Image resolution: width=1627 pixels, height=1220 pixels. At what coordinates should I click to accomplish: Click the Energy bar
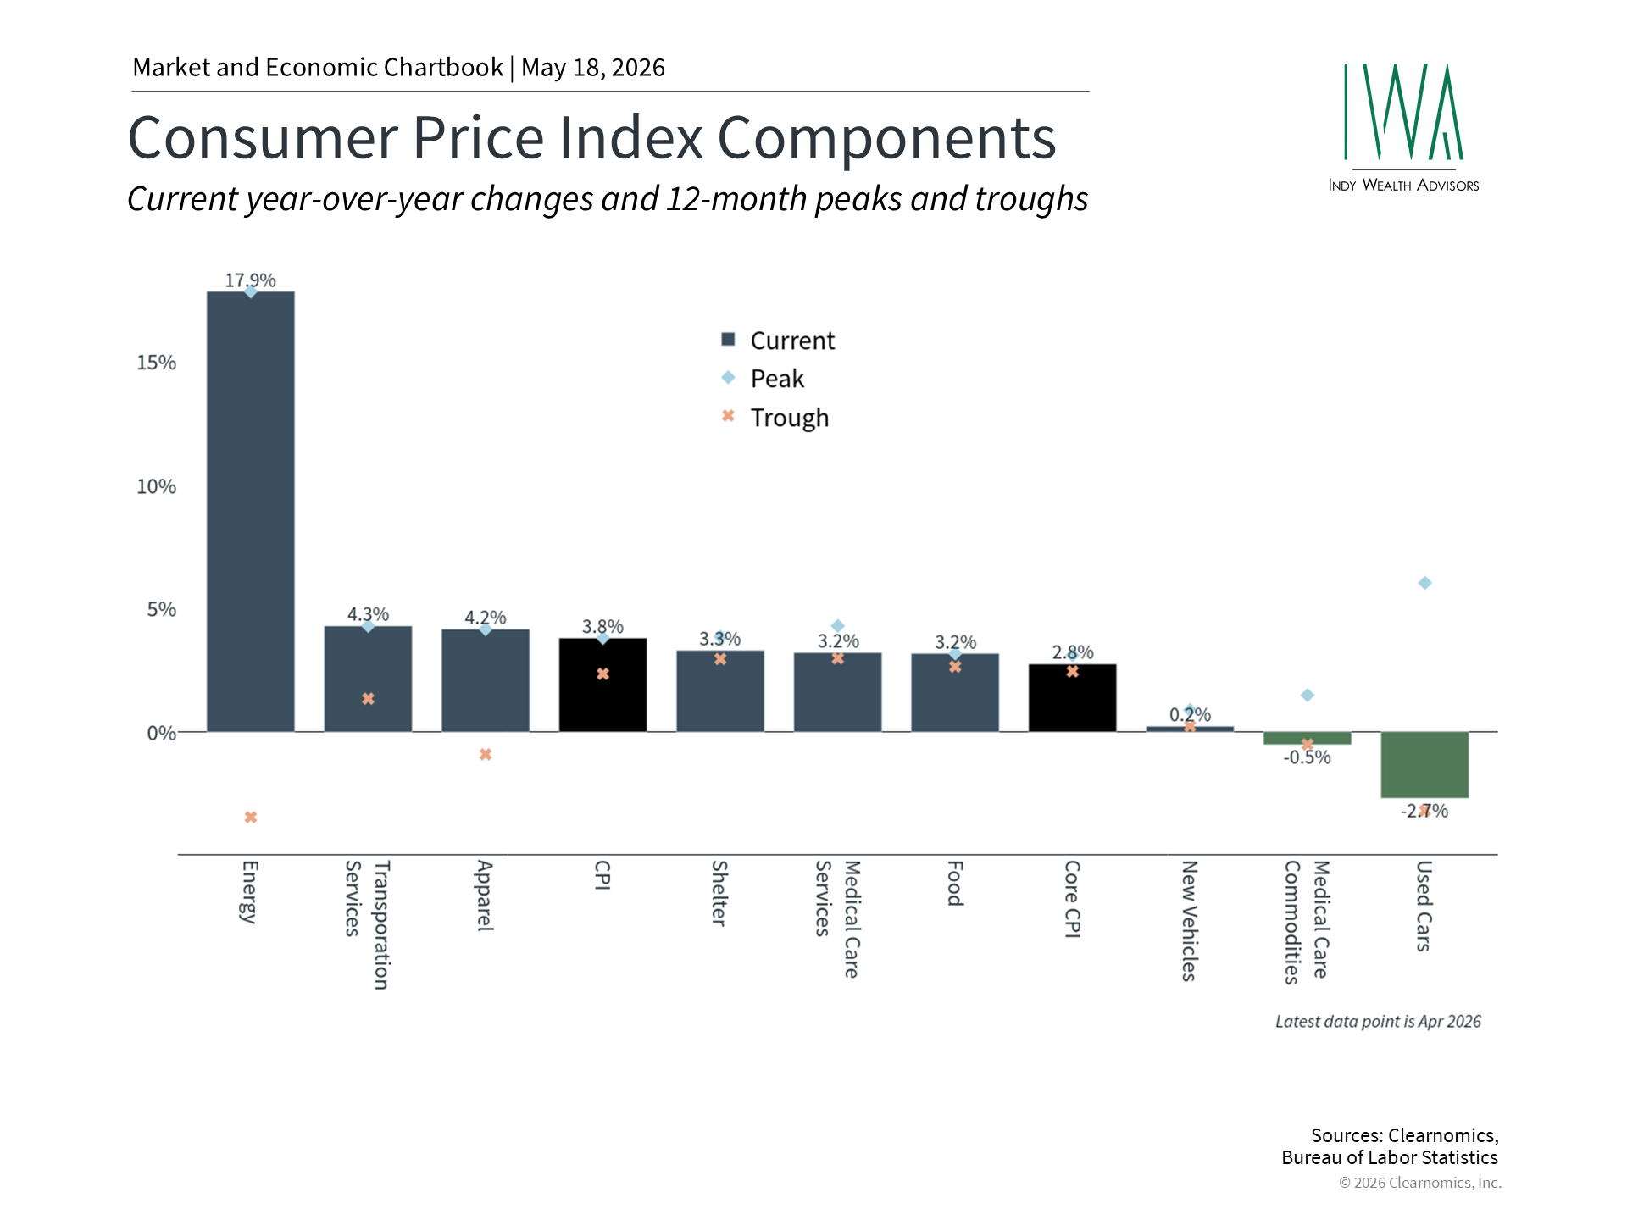tap(251, 512)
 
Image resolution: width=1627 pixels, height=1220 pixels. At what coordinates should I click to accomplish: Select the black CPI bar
tap(602, 685)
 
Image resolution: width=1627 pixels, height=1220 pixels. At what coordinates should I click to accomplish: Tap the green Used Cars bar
tap(1424, 765)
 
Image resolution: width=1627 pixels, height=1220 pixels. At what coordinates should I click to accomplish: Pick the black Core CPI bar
tap(1072, 698)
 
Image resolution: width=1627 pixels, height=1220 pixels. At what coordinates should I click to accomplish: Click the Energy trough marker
tap(251, 818)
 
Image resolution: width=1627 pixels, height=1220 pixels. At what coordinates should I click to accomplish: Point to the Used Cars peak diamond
tap(1424, 583)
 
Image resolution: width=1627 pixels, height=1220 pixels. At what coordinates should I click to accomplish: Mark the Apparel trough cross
tap(486, 755)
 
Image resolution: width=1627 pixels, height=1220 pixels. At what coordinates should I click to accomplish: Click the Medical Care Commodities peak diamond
tap(1308, 696)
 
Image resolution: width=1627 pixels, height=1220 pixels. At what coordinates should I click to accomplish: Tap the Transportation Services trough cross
tap(368, 699)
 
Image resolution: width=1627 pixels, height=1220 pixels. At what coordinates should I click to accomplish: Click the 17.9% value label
tap(250, 280)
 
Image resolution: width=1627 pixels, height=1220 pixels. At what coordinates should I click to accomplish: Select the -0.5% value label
tap(1307, 757)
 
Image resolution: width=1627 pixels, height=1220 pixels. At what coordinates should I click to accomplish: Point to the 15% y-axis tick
tap(157, 363)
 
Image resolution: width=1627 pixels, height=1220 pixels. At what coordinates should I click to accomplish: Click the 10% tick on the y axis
tap(157, 486)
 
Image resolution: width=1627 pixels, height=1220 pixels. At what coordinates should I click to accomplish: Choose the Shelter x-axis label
tap(719, 893)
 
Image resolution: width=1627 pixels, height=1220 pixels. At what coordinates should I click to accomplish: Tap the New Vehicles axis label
tap(1189, 921)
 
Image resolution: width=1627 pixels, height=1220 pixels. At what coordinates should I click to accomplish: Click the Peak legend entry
tap(763, 379)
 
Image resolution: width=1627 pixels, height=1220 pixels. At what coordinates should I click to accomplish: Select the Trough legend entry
tap(775, 418)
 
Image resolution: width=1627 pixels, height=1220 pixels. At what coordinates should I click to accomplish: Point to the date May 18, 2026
tap(593, 68)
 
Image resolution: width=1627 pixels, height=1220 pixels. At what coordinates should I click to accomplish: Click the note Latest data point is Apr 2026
tap(1378, 1022)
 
